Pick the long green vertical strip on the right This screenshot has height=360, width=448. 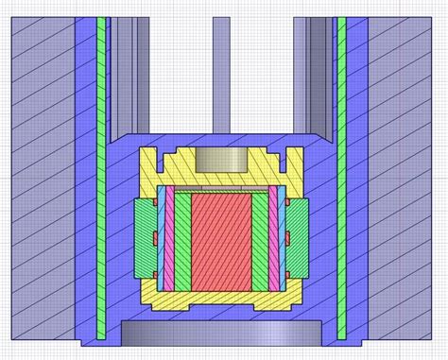(341, 180)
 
